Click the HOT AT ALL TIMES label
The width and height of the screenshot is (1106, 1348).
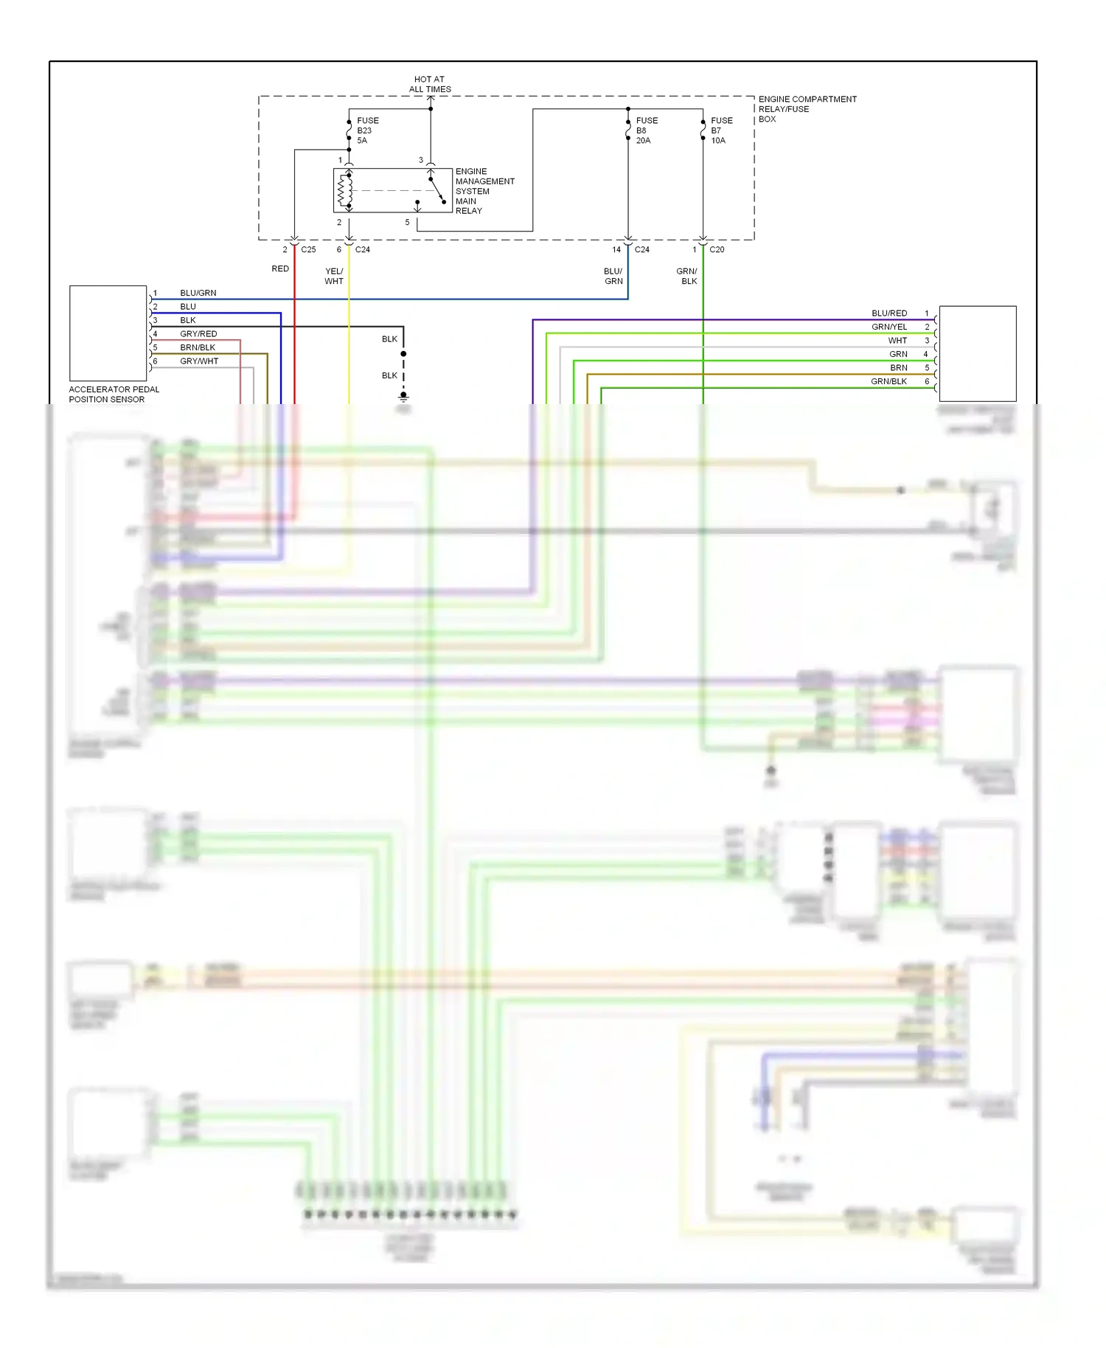(430, 84)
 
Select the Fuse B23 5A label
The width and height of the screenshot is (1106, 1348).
(367, 131)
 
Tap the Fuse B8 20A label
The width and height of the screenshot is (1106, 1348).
(647, 131)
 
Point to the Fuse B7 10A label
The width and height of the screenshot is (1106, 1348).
(721, 131)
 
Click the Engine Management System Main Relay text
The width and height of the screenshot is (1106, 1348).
(484, 191)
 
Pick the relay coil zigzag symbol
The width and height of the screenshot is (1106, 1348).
(341, 191)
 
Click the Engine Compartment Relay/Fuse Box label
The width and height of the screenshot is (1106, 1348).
(807, 108)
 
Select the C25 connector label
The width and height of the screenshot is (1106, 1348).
(308, 249)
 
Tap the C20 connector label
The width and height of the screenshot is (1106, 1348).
(717, 249)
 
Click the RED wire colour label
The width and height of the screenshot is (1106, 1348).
(280, 268)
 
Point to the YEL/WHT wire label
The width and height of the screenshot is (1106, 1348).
(334, 276)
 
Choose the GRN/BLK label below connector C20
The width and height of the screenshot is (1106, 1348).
(687, 276)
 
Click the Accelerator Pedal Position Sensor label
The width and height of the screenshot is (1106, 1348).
(114, 394)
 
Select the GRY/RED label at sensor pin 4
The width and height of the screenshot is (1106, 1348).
(198, 334)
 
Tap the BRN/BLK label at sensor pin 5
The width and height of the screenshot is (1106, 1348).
(198, 347)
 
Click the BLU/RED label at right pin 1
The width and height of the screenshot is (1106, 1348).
(889, 313)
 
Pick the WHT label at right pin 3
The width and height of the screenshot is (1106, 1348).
(897, 341)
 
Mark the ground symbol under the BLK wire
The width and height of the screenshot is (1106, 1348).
(403, 396)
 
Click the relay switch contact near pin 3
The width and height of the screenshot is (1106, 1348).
(437, 189)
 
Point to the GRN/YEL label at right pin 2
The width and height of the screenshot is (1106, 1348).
(889, 327)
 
